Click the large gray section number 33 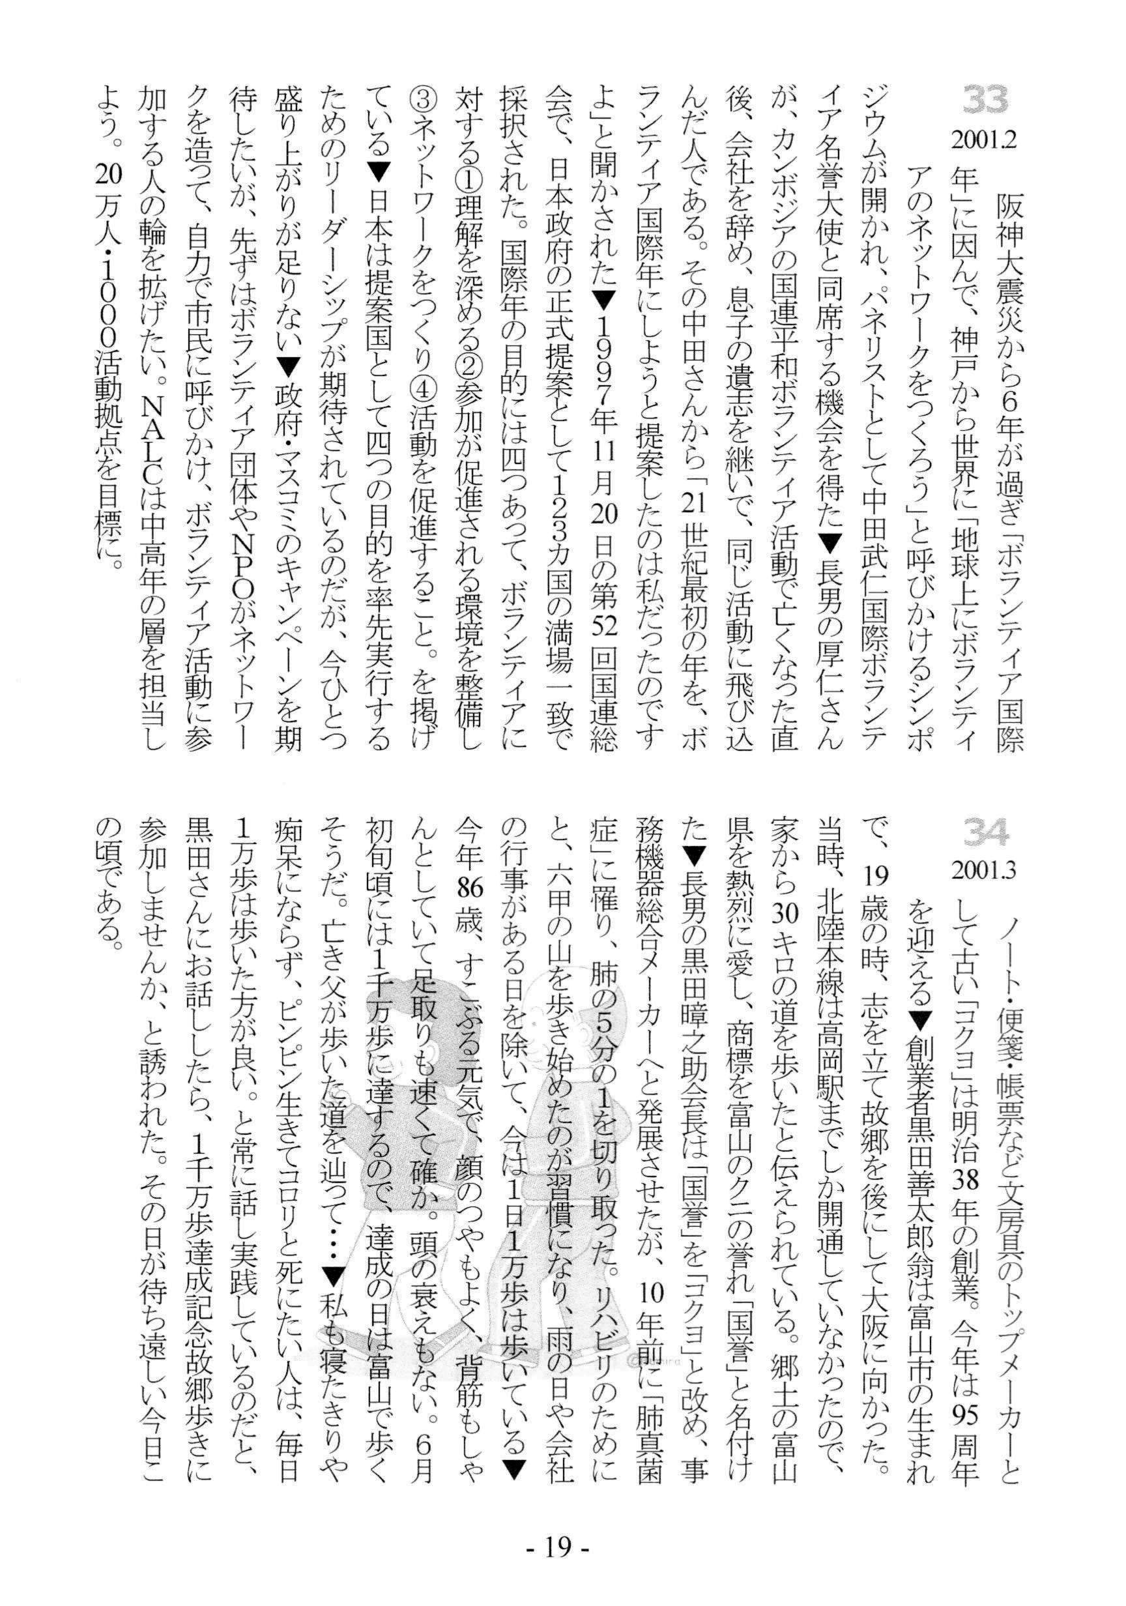(985, 100)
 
